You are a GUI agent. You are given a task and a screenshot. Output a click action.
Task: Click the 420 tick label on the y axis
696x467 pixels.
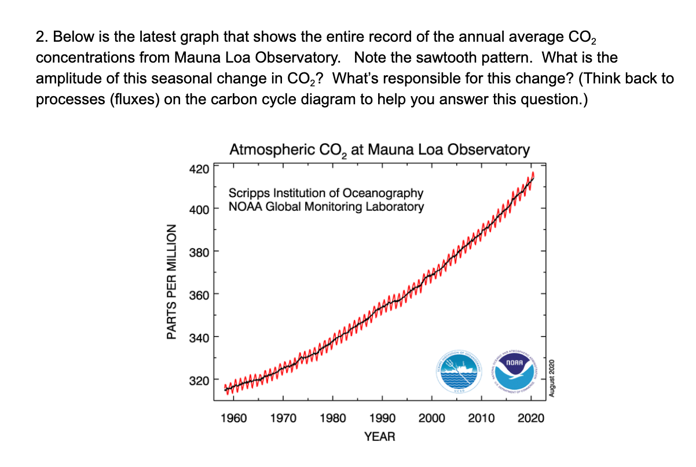[x=198, y=169]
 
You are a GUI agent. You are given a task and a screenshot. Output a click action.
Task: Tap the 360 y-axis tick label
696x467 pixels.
[x=198, y=294]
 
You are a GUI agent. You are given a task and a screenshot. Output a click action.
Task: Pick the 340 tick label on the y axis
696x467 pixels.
[x=198, y=337]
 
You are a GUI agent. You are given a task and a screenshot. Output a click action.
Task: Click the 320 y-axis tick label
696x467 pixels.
[x=198, y=381]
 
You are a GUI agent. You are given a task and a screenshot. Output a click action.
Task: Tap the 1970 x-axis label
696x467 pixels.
[x=283, y=418]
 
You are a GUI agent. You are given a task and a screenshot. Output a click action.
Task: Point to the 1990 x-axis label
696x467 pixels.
[x=382, y=418]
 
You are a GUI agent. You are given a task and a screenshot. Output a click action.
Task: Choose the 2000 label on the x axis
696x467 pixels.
[x=432, y=418]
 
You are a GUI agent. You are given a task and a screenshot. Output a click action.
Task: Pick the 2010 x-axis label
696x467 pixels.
[x=482, y=418]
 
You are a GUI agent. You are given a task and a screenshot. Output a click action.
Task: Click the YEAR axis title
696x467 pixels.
[x=380, y=437]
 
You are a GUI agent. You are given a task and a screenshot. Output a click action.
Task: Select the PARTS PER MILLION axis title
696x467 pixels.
[x=171, y=281]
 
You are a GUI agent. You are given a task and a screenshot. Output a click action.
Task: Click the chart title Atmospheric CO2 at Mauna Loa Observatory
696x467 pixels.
[x=379, y=150]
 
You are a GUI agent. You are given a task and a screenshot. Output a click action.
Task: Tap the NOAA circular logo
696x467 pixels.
[x=515, y=371]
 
